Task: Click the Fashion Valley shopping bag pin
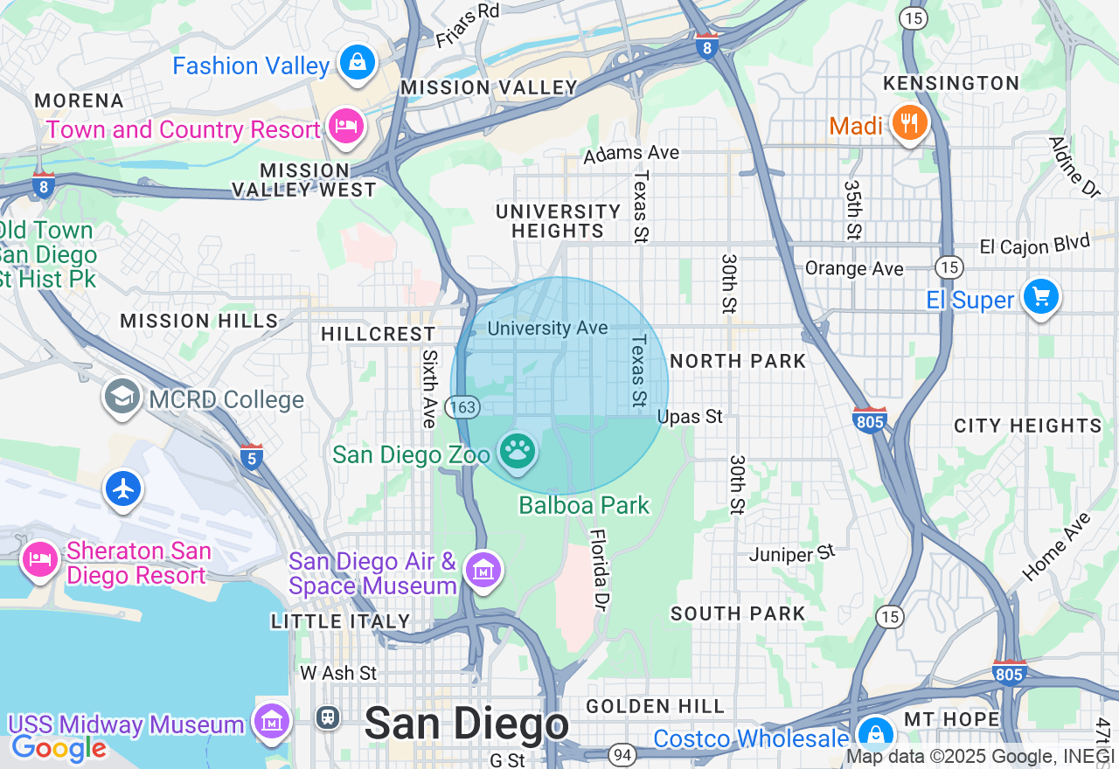(x=357, y=63)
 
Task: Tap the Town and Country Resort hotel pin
(x=346, y=128)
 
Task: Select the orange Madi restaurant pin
(x=909, y=123)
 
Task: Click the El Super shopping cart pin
(x=1040, y=297)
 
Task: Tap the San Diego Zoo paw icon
(x=518, y=452)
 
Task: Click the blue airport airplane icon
(x=123, y=488)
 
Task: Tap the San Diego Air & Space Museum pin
(x=483, y=570)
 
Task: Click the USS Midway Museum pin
(x=272, y=722)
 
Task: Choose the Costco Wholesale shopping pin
(x=874, y=735)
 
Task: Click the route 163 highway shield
(x=460, y=406)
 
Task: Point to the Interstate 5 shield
(x=252, y=456)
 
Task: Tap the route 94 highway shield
(x=622, y=753)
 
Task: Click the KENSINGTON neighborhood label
(x=951, y=83)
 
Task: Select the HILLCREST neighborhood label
(x=378, y=334)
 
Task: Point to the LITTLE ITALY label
(x=340, y=621)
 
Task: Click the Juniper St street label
(x=792, y=553)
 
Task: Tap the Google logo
(x=58, y=748)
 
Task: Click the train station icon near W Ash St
(x=329, y=717)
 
